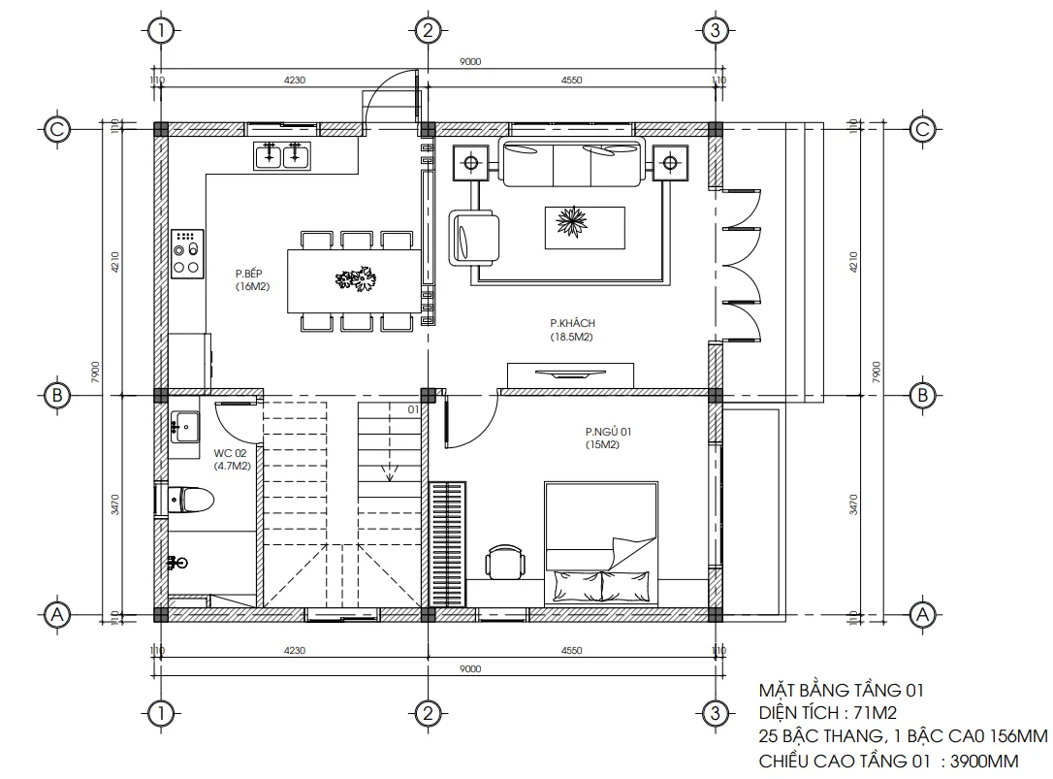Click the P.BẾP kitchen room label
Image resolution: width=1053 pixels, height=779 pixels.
coord(250,280)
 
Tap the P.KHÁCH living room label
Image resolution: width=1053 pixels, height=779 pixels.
coord(571,330)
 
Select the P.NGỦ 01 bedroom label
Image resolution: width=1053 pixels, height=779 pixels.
coord(608,438)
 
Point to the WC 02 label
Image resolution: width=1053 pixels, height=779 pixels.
coord(232,459)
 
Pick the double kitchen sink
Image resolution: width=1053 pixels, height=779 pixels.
coord(282,154)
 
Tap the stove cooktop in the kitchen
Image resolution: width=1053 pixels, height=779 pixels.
coord(186,253)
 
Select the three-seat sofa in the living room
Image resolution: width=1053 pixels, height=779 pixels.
coord(571,161)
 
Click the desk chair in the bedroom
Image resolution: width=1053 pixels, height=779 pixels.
coord(505,562)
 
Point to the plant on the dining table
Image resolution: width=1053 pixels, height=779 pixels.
coord(355,280)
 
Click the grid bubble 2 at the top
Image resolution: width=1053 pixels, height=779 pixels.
coord(427,31)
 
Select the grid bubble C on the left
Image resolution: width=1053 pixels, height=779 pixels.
coord(57,129)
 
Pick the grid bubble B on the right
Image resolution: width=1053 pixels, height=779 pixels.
coord(922,395)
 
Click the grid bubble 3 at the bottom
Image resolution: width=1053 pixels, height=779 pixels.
coord(714,714)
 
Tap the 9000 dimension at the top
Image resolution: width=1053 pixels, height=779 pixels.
coord(470,62)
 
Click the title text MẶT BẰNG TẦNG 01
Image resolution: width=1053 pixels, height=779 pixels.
coord(840,691)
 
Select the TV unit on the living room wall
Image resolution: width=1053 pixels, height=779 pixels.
coord(571,374)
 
